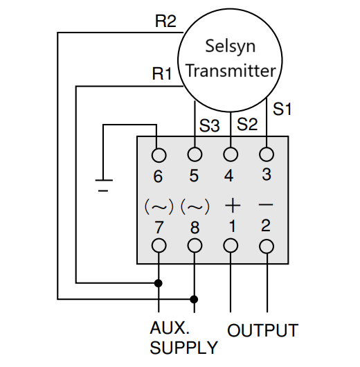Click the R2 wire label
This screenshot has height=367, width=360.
[x=165, y=21]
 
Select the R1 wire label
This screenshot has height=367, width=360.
[x=162, y=73]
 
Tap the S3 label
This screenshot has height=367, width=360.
[x=209, y=125]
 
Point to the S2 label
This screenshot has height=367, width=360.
[x=247, y=124]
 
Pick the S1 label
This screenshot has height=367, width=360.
[x=282, y=109]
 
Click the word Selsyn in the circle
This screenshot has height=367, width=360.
[x=231, y=46]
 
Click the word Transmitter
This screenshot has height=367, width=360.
[x=231, y=71]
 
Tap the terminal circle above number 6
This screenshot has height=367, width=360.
[x=159, y=155]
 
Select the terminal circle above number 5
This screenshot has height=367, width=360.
[x=195, y=154]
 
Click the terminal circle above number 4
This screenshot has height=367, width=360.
[x=231, y=154]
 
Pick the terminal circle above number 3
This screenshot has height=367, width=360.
[x=267, y=154]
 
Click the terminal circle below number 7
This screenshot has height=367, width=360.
[x=159, y=246]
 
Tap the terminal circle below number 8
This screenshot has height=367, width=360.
[x=195, y=246]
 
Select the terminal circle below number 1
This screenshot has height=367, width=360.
[x=231, y=246]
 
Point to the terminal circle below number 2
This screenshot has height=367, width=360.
[x=267, y=247]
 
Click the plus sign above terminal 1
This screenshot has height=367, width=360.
[x=233, y=206]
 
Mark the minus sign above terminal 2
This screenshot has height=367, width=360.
[x=266, y=205]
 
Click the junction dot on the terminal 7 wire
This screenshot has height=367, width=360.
[x=159, y=283]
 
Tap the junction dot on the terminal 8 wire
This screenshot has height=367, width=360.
[x=194, y=299]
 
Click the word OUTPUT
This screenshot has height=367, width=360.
[x=262, y=330]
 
